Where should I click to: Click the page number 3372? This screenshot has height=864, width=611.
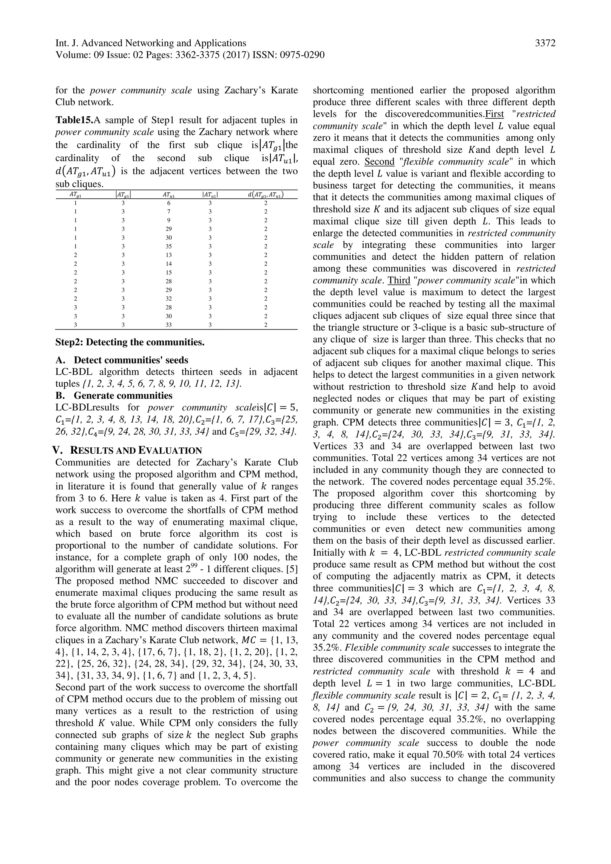pos(545,43)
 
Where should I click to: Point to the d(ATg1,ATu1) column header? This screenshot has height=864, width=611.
pos(266,194)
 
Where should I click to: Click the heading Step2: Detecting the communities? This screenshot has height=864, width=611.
pos(130,342)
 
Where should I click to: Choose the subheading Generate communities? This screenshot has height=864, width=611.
pos(123,395)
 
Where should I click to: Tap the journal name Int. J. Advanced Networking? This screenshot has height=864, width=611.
pos(151,43)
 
